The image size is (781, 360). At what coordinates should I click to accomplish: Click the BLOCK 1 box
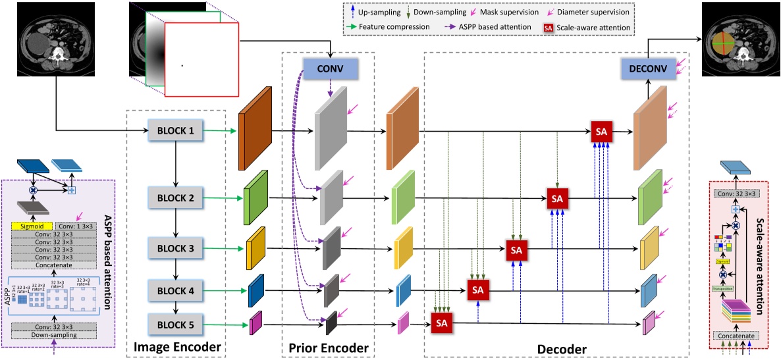click(175, 131)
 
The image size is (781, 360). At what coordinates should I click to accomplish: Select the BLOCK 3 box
click(175, 249)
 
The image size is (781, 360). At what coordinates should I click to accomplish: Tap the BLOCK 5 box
click(175, 324)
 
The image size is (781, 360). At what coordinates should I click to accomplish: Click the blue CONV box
click(330, 68)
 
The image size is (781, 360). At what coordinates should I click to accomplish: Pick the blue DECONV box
click(648, 68)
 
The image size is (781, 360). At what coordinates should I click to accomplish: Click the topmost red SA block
click(601, 132)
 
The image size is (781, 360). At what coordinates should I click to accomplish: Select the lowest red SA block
click(442, 322)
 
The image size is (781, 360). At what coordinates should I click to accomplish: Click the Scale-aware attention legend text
click(592, 27)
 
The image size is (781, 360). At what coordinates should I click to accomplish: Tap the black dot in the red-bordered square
click(182, 65)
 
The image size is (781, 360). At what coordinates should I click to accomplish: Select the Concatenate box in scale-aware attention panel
click(741, 335)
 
